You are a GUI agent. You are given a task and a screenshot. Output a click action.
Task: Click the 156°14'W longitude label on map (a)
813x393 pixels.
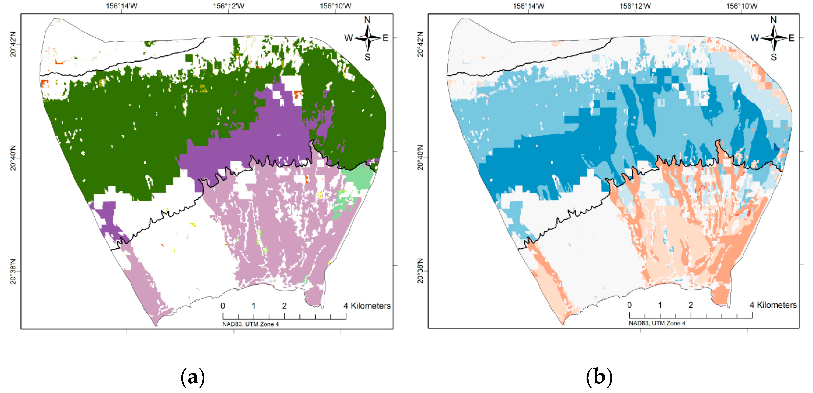(122, 6)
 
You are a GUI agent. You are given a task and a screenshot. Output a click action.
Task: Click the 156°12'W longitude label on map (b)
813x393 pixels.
(635, 6)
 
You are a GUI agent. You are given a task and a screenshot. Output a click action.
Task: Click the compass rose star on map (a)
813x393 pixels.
(368, 38)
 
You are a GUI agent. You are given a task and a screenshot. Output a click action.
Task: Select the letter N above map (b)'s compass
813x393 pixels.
(773, 20)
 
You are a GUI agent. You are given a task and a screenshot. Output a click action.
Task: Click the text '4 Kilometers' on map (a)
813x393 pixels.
(367, 306)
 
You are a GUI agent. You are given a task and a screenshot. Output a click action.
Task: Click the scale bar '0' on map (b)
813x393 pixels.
(629, 305)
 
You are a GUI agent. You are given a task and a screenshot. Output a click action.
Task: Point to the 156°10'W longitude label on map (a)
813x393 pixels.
(335, 6)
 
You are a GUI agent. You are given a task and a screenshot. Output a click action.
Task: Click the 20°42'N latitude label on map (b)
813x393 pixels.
(420, 44)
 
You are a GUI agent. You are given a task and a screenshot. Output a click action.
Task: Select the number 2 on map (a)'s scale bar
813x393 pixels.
(284, 306)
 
